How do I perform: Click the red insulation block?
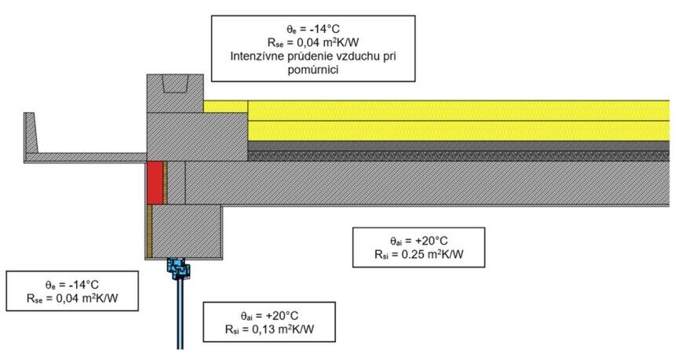(x=155, y=183)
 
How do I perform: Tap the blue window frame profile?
(x=178, y=268)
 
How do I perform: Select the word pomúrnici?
(x=313, y=70)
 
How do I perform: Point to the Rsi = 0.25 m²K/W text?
(x=419, y=254)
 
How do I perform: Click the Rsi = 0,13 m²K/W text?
(x=269, y=329)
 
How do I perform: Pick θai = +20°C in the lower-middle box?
(x=269, y=316)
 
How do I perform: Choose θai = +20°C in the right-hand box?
(x=419, y=241)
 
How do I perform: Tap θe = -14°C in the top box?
(x=313, y=29)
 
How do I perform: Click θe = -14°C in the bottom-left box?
(x=72, y=285)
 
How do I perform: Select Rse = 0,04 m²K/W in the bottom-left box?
(x=72, y=298)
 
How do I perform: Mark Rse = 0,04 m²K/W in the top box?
(x=313, y=42)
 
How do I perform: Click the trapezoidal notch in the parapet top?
(x=175, y=83)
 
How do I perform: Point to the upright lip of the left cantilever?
(x=30, y=133)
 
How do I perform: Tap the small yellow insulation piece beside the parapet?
(x=225, y=107)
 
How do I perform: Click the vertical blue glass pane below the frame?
(x=180, y=314)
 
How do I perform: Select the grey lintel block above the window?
(x=187, y=231)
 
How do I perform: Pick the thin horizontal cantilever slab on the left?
(x=86, y=158)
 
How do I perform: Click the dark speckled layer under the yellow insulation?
(x=458, y=156)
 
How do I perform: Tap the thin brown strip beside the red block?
(x=166, y=183)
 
